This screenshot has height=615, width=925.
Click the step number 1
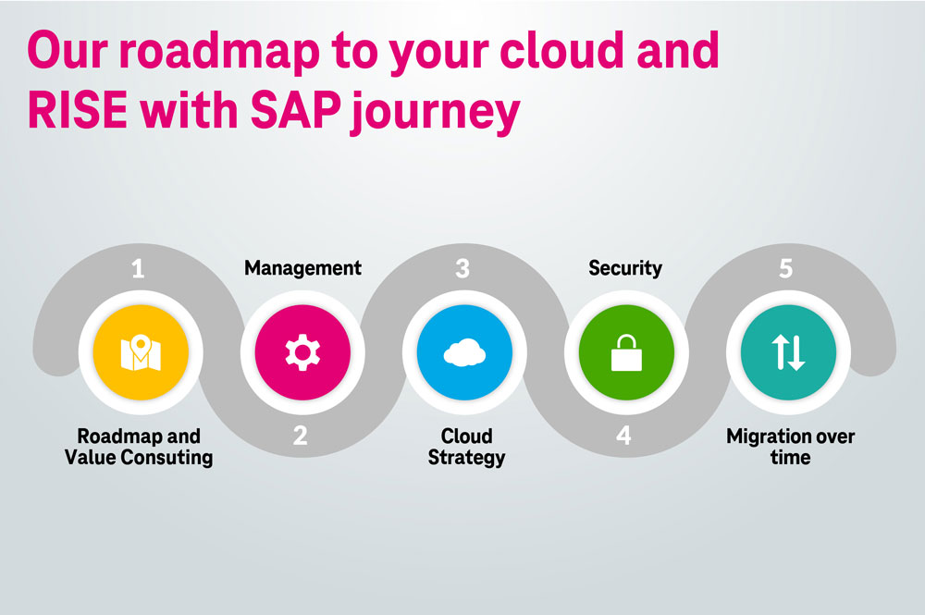(138, 269)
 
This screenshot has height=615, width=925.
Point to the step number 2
(301, 436)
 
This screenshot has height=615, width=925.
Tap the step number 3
(462, 269)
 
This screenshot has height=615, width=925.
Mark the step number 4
(624, 436)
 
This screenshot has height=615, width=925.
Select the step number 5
(786, 269)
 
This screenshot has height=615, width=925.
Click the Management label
(302, 268)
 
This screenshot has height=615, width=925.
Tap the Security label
(625, 268)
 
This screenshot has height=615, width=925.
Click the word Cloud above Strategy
(466, 436)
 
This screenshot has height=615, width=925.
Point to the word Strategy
(466, 457)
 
